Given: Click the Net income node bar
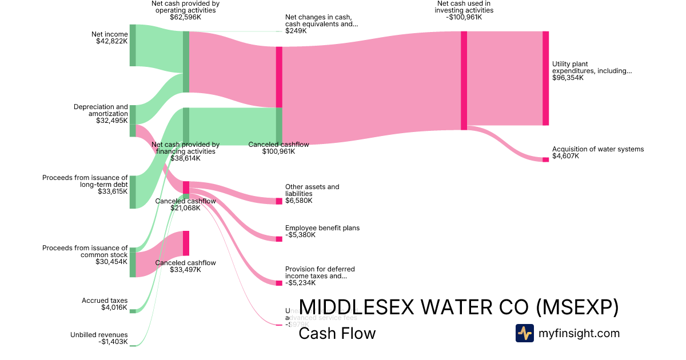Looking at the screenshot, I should [133, 45].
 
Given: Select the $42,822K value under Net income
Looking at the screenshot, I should [112, 41].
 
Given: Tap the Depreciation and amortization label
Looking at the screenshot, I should [101, 110].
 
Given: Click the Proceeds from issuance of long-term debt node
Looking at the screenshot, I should [133, 192].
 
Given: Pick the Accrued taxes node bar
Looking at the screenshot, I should [133, 311].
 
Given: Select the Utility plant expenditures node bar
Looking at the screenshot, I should [545, 78].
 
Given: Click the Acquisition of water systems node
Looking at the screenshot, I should [545, 159].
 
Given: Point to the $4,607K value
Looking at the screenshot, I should [565, 156].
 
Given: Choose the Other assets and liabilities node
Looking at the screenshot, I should [279, 201].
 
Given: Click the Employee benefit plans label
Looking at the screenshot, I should [322, 228].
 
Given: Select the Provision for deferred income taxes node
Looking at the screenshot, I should [279, 283].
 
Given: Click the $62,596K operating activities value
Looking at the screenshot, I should [185, 17].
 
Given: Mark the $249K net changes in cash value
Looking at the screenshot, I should [296, 31].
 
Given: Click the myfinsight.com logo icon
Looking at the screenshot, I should [524, 333].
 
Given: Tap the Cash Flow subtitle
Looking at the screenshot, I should [337, 333].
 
